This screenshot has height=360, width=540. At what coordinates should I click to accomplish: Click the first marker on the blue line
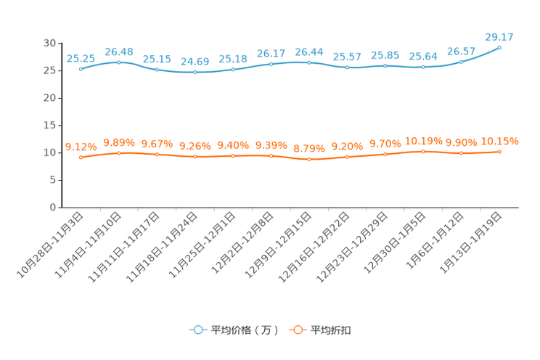(x=81, y=69)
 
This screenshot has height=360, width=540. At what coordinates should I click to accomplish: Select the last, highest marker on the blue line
(x=499, y=48)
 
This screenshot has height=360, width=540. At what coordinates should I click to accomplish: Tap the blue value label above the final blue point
(x=499, y=36)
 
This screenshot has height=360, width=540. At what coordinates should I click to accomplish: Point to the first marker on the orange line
(x=81, y=157)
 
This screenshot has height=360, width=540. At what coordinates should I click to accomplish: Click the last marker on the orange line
(x=499, y=152)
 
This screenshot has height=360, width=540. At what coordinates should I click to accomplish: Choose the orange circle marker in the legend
(x=297, y=330)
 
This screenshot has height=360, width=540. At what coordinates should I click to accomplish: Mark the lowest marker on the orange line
(x=309, y=160)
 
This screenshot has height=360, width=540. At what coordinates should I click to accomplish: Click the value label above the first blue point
(x=81, y=58)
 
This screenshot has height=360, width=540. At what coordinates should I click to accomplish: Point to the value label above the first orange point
(x=81, y=145)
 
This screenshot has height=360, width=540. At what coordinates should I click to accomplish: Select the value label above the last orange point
(x=500, y=141)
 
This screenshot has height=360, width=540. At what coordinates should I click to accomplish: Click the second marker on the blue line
(x=119, y=62)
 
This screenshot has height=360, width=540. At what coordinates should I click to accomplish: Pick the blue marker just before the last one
(x=462, y=62)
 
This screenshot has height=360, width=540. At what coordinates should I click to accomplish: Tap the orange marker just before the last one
(x=462, y=153)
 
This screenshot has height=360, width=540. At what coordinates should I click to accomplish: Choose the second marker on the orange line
(x=119, y=152)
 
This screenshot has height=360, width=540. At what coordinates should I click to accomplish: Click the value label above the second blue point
(x=119, y=51)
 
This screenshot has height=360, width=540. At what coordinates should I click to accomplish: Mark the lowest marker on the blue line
(x=195, y=73)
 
